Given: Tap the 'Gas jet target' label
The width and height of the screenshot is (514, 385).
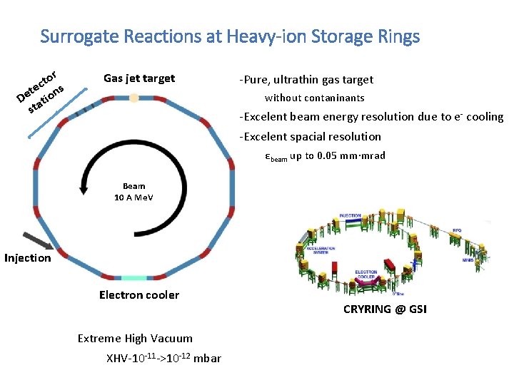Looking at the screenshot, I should (x=138, y=78).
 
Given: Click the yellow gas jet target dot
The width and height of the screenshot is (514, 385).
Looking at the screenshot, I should (x=133, y=98).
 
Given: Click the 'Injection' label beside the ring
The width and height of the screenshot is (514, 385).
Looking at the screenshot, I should (x=28, y=258).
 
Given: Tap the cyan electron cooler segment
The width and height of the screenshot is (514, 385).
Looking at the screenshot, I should (x=133, y=277).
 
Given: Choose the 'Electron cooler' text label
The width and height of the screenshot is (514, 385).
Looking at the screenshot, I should (x=139, y=295).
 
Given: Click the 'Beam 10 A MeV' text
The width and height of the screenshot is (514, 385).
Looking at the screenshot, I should (x=133, y=192).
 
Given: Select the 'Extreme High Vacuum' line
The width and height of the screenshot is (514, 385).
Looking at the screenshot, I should (x=135, y=339).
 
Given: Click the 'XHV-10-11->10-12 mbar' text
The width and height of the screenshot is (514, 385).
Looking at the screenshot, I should (x=163, y=358).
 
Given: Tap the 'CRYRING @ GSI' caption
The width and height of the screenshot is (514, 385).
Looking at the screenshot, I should (x=385, y=309).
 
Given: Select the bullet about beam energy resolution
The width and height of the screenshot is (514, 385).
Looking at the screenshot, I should (x=371, y=117).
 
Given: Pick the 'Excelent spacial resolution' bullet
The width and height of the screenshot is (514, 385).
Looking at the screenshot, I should (x=311, y=137).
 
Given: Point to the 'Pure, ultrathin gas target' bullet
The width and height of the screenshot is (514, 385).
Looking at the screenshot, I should (x=306, y=80).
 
